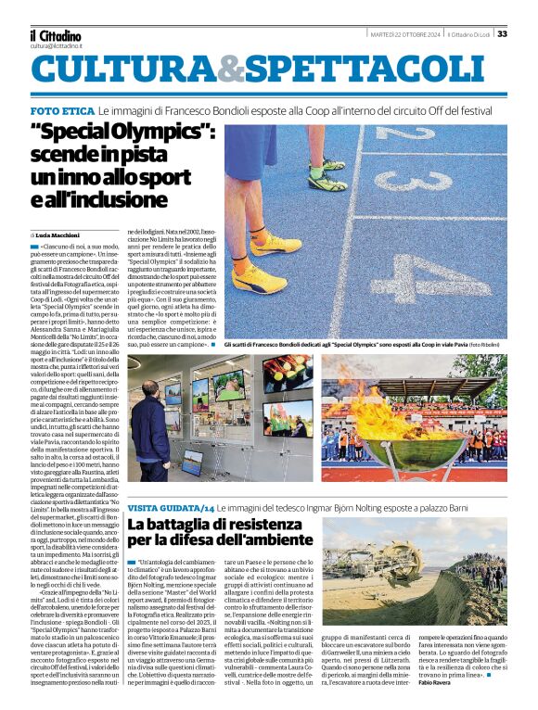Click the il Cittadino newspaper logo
[55, 34]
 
